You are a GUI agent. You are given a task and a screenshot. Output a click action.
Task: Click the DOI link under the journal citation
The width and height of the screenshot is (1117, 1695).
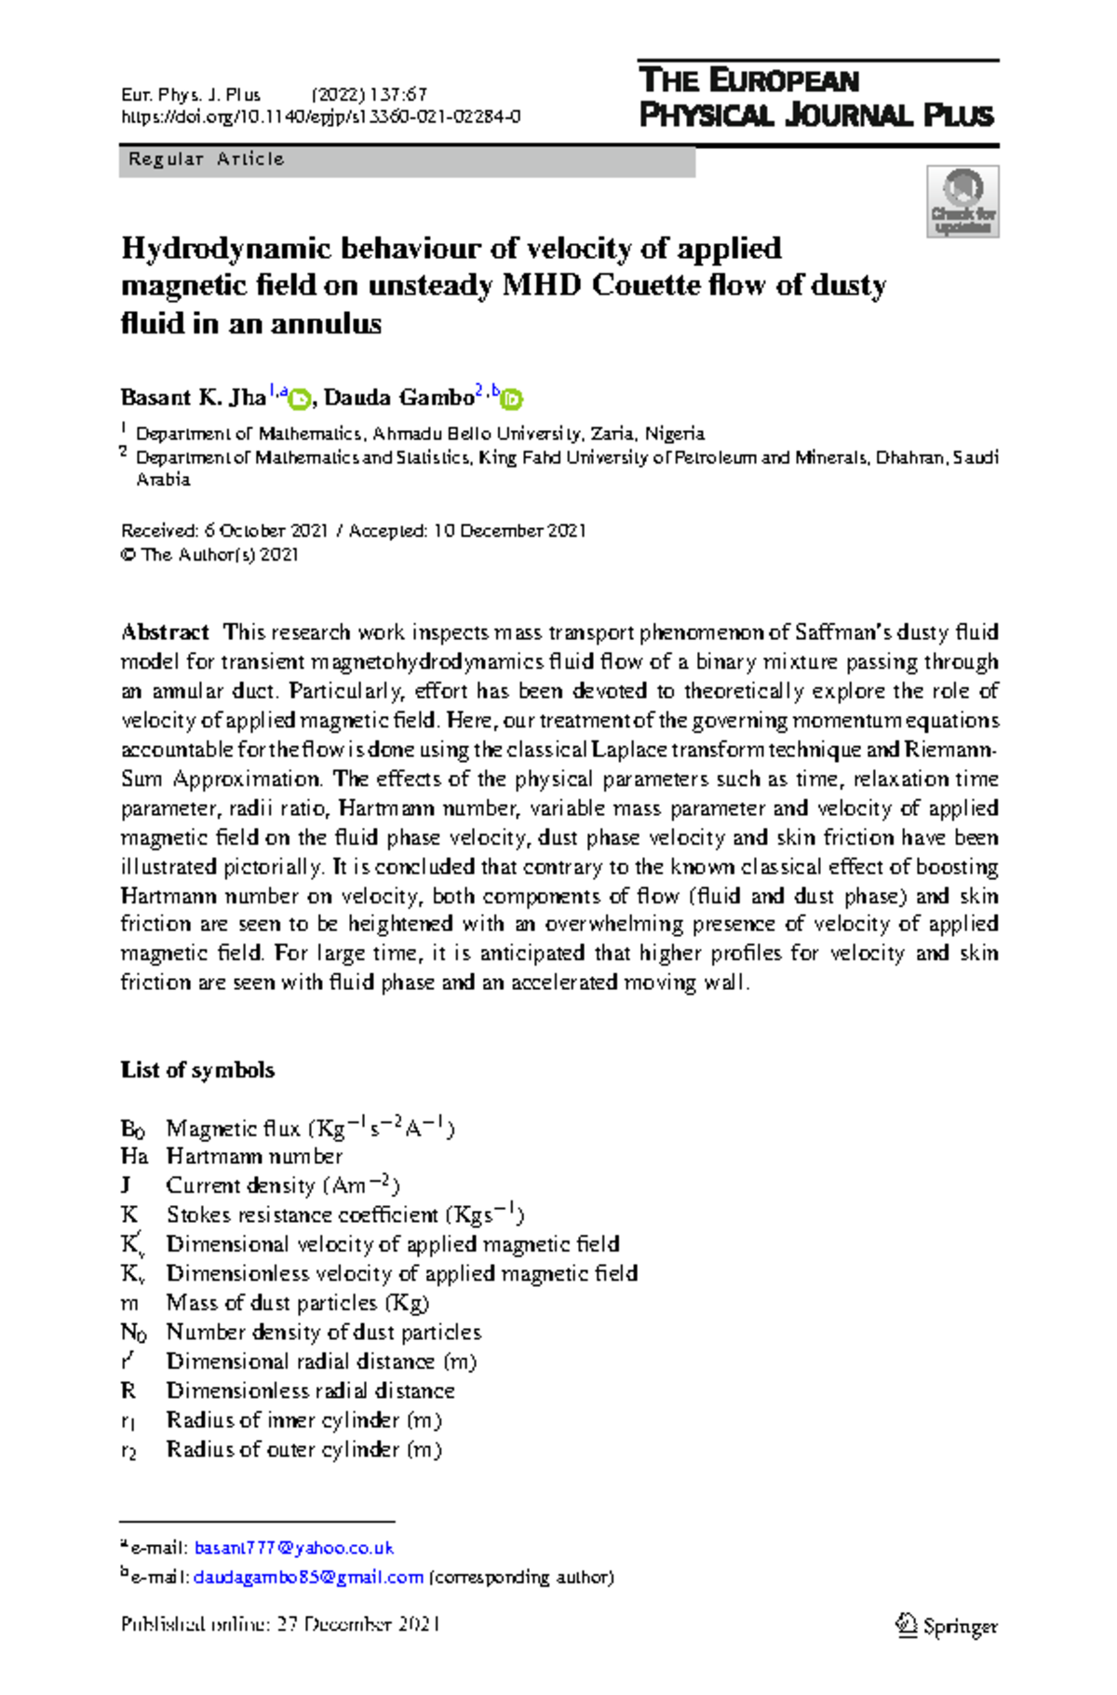coord(320,117)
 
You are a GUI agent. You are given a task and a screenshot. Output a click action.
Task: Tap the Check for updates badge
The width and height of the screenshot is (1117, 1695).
coord(962,202)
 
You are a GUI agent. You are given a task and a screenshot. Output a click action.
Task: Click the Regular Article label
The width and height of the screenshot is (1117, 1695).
coord(206,159)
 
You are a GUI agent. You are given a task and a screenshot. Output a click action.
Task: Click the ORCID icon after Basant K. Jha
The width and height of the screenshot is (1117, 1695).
coord(299,400)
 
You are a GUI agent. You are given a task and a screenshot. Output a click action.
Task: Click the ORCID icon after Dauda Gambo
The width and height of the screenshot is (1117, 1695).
coord(511,400)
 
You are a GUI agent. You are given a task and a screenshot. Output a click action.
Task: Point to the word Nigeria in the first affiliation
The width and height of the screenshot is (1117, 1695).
coord(675,434)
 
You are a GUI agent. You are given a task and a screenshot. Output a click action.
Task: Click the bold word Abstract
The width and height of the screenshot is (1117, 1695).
coord(165,632)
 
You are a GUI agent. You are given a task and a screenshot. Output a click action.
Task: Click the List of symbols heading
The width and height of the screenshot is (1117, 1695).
coord(197,1070)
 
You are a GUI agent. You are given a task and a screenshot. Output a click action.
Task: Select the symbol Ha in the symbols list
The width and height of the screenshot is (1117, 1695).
coord(134,1157)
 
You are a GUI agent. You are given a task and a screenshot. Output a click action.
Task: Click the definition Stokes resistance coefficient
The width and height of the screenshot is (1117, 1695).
coord(302,1215)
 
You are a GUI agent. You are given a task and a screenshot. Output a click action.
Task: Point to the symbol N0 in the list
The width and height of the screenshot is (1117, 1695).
coord(133,1333)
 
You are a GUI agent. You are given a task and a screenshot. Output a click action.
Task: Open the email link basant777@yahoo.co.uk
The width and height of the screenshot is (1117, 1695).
coord(293,1548)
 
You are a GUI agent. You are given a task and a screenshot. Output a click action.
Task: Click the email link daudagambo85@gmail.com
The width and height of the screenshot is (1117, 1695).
coord(308,1578)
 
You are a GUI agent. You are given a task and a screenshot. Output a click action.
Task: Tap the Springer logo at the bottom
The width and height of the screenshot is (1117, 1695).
coord(947,1626)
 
